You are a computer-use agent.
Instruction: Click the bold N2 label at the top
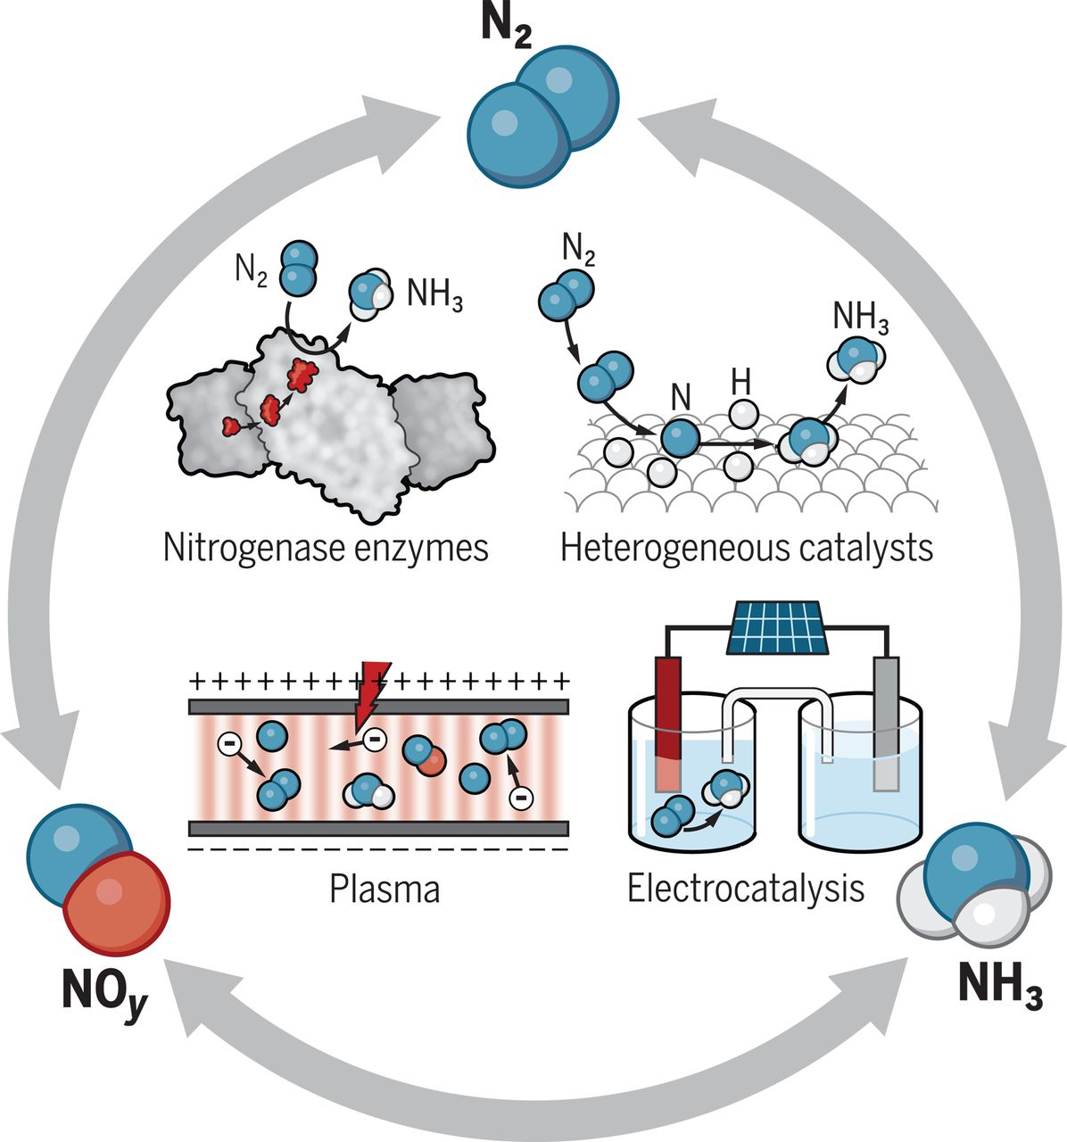[x=508, y=28]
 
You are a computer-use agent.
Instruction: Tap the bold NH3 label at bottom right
[x=999, y=984]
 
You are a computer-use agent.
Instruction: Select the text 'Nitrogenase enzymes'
[x=326, y=547]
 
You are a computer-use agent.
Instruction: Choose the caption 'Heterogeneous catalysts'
[x=747, y=547]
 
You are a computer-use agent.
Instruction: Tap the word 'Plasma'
[x=385, y=890]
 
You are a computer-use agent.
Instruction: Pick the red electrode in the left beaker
[x=668, y=723]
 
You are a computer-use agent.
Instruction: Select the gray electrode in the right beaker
[x=885, y=723]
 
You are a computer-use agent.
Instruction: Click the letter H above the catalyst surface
[x=740, y=383]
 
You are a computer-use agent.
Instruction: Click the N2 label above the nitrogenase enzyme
[x=251, y=269]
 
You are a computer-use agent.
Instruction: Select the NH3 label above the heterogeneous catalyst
[x=860, y=317]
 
